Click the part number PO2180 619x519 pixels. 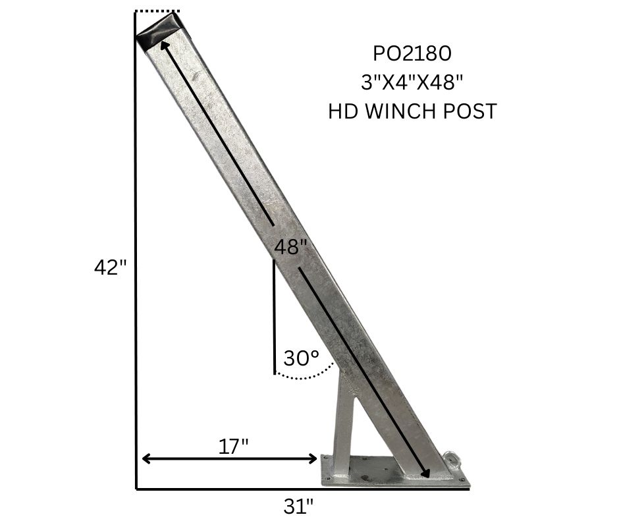pyautogui.click(x=412, y=53)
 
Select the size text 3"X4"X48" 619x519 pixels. pyautogui.click(x=412, y=82)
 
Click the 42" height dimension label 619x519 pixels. pyautogui.click(x=110, y=268)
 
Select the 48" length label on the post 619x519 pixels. pyautogui.click(x=290, y=248)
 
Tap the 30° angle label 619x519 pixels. pyautogui.click(x=301, y=358)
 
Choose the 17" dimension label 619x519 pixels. pyautogui.click(x=233, y=446)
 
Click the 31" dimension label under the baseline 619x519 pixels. pyautogui.click(x=298, y=506)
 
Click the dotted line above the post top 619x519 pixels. pyautogui.click(x=157, y=11)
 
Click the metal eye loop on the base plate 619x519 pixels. pyautogui.click(x=452, y=458)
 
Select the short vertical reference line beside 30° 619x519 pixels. pyautogui.click(x=274, y=316)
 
